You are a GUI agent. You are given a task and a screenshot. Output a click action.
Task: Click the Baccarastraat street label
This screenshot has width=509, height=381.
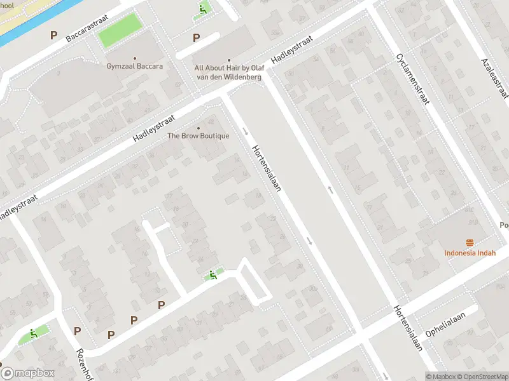87,29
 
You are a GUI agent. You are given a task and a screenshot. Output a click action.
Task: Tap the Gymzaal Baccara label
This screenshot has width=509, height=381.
134,66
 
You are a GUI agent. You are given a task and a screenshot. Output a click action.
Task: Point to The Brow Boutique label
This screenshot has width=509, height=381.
198,136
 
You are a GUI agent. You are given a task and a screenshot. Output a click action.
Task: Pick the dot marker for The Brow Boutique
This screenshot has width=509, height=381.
198,126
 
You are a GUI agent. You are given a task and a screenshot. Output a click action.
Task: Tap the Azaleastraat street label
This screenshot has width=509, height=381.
495,77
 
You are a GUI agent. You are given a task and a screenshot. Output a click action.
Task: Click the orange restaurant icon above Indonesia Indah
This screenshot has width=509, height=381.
470,243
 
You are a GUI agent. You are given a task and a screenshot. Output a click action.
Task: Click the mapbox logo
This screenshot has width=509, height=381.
28,373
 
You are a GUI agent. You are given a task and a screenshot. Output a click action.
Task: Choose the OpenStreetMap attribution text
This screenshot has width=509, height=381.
482,377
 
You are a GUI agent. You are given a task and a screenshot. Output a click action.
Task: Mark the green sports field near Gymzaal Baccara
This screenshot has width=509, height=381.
119,30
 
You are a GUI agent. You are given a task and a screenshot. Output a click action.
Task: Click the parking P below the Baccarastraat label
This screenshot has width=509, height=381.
54,36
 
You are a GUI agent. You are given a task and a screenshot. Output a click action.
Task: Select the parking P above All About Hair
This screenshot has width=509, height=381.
197,38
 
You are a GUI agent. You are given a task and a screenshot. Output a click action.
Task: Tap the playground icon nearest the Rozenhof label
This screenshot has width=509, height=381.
33,333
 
